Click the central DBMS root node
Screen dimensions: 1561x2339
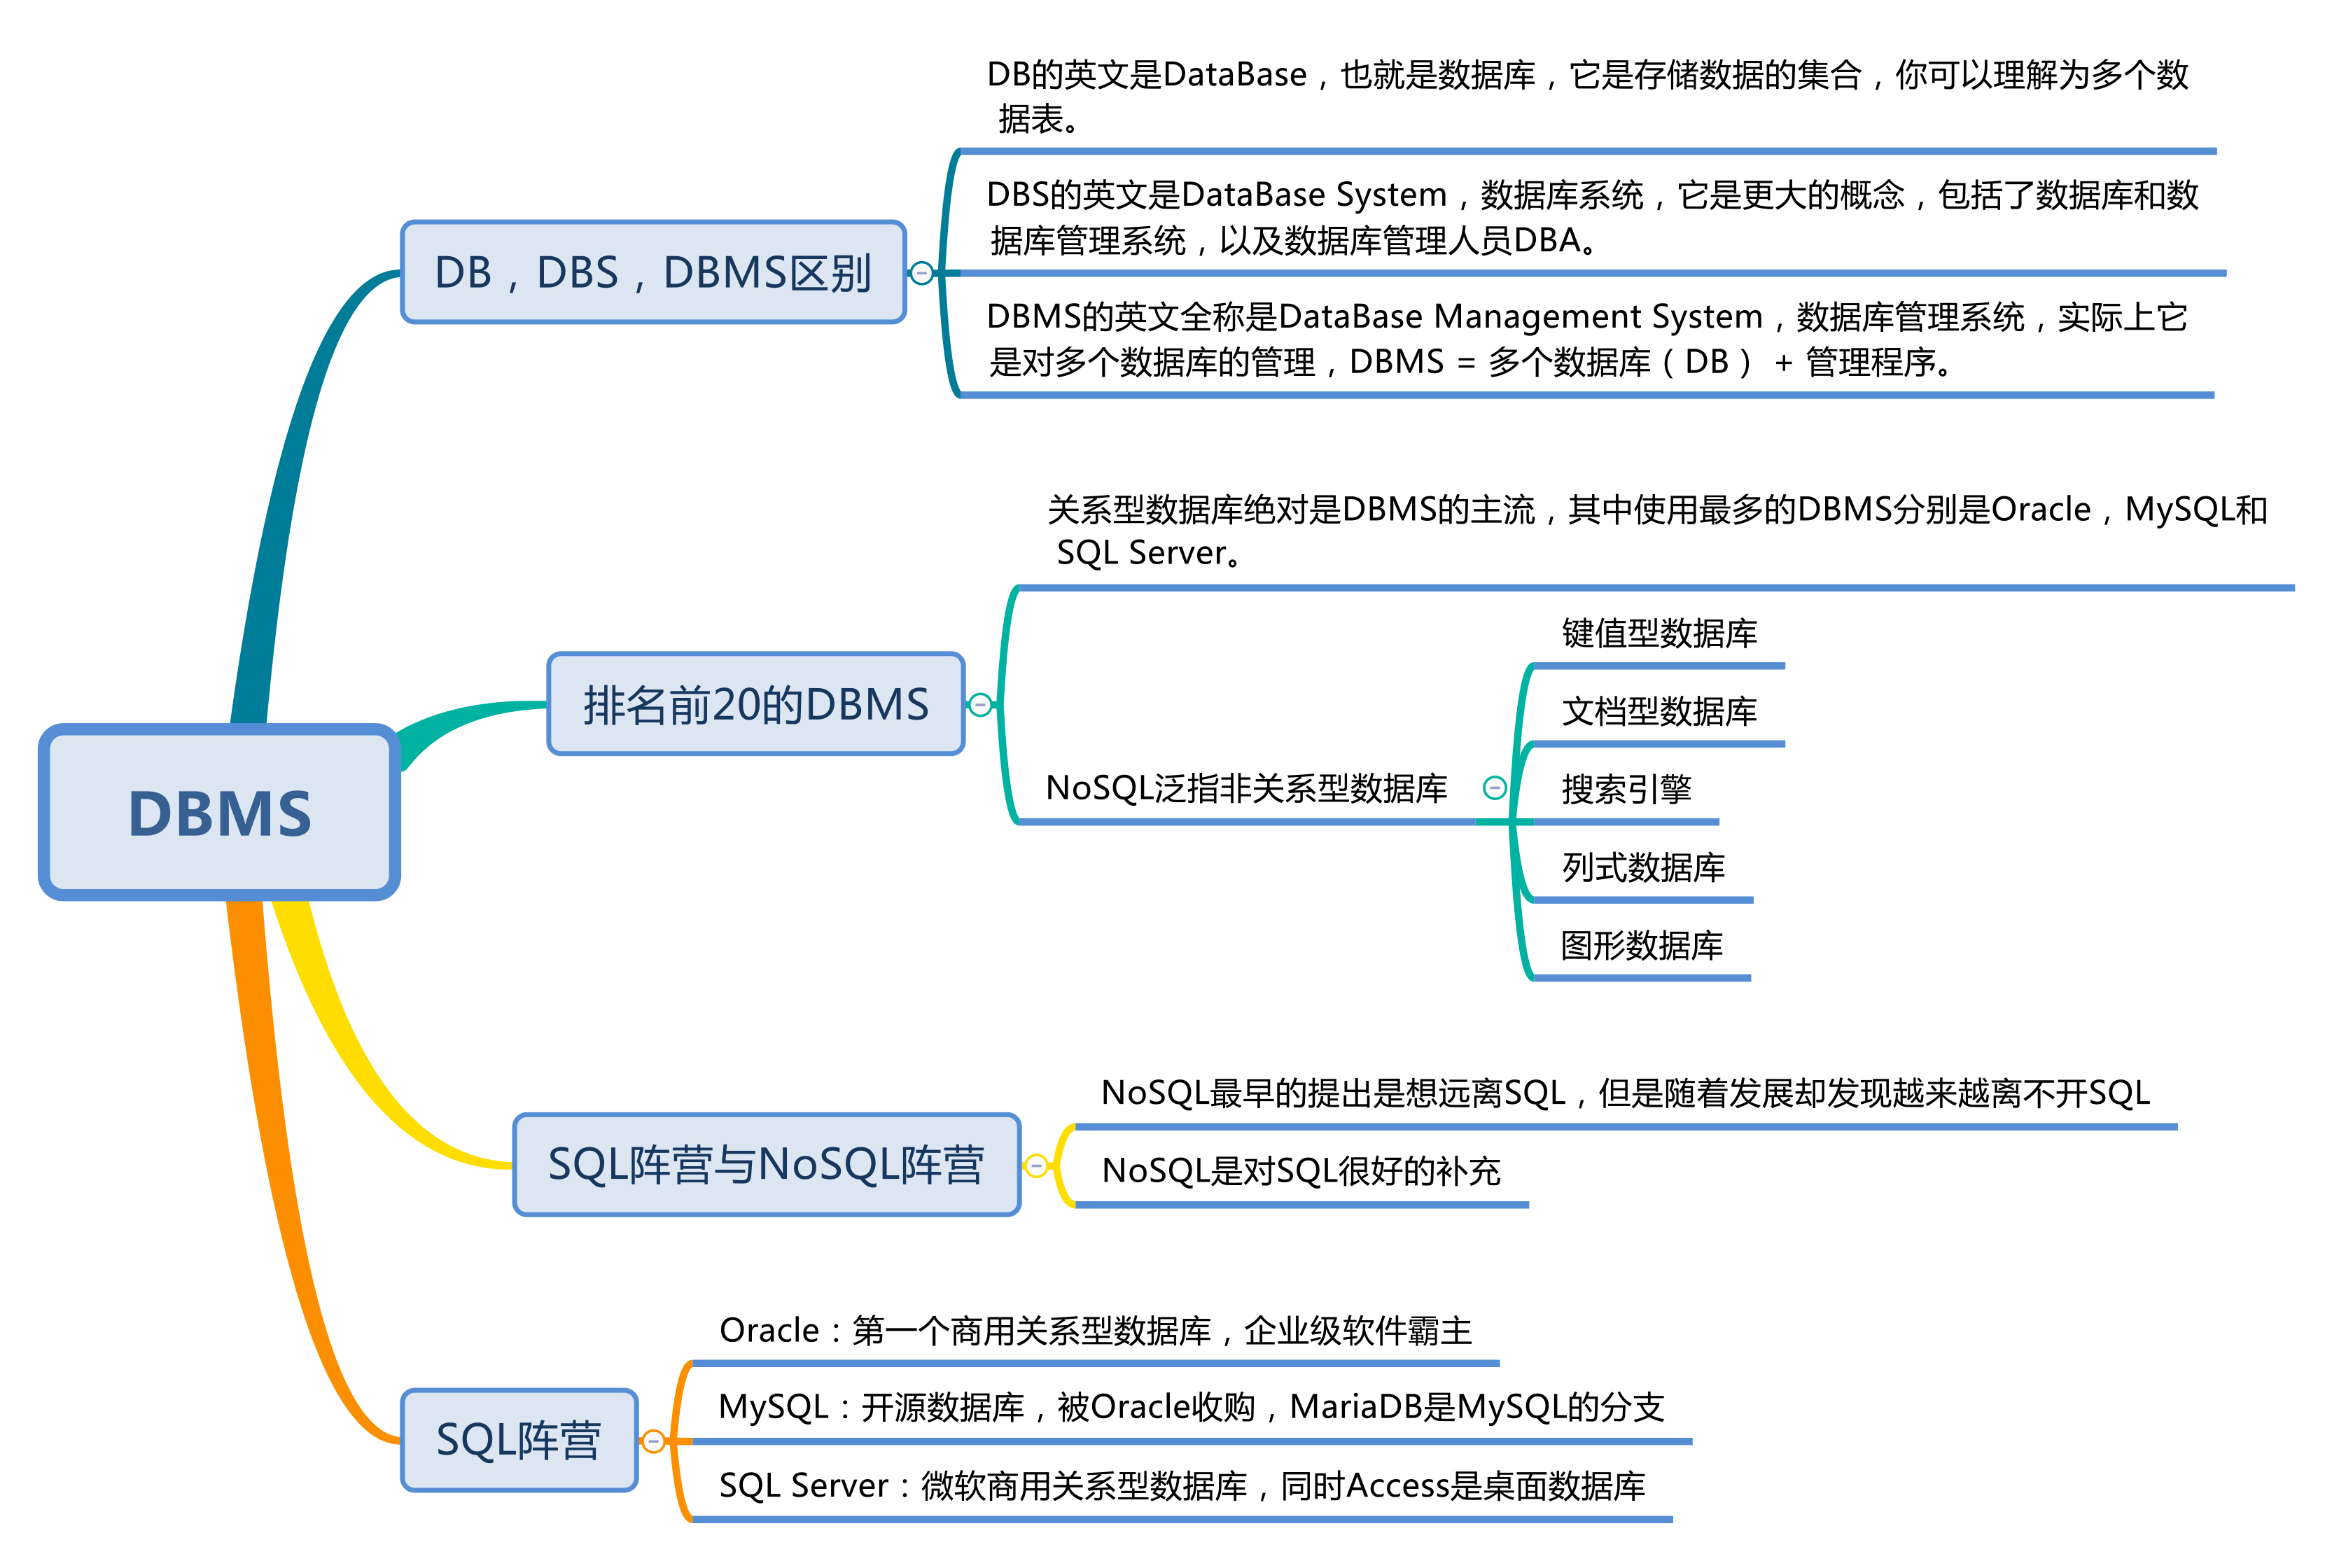[x=219, y=813]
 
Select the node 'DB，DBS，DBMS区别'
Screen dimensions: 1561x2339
[x=653, y=272]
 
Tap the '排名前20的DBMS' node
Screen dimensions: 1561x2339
[x=756, y=703]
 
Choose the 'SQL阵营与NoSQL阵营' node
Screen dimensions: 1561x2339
[x=766, y=1164]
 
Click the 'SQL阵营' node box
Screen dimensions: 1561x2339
[x=519, y=1439]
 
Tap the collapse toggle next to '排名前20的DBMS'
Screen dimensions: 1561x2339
[x=980, y=705]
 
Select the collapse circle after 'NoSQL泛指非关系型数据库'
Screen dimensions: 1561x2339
[x=1493, y=787]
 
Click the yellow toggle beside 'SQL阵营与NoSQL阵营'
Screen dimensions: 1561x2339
[x=1037, y=1165]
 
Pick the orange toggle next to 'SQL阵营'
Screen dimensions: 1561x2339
[x=653, y=1441]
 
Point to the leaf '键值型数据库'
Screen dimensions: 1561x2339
[x=1659, y=633]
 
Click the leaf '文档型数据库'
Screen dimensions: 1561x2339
[x=1659, y=710]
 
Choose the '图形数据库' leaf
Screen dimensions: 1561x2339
[x=1641, y=945]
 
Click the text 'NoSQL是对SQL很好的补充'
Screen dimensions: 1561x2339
[x=1301, y=1170]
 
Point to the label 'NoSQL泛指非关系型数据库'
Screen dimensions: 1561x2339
[x=1245, y=787]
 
